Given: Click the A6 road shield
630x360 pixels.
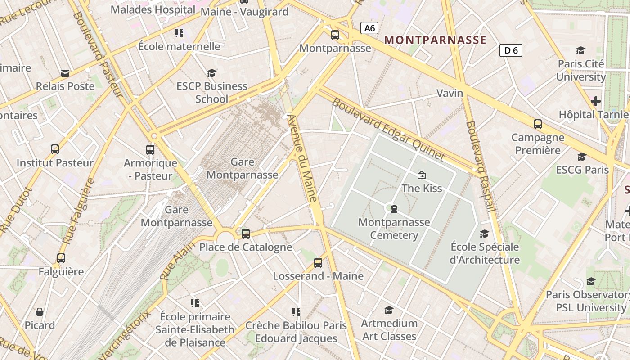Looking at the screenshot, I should coord(369,28).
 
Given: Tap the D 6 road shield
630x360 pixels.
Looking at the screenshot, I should coord(511,50).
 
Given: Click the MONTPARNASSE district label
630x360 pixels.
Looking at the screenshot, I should coord(436,40).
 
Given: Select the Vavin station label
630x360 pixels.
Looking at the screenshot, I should coord(450,93).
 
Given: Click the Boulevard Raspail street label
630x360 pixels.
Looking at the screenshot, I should coord(481,166).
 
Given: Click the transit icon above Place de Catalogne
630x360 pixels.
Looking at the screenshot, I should coord(245,234).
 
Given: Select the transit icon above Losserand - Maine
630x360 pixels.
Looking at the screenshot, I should coord(318,263).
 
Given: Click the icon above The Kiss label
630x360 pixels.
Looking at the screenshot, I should coord(422,175).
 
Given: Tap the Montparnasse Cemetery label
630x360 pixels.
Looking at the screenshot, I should coord(394,229).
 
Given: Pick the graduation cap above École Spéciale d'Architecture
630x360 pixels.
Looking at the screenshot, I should coord(484,234).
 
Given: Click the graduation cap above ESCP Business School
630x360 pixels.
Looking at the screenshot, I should coord(211,73).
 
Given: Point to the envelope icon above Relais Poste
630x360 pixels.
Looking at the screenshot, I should coord(65,73).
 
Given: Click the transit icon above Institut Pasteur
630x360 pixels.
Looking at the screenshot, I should coord(55,149).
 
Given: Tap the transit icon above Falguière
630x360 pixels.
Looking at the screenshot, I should coord(61,258).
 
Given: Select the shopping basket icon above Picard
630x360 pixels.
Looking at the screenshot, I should coord(40,312).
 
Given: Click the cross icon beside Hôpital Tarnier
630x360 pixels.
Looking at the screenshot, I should coord(596,101).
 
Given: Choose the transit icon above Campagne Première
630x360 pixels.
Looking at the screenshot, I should coord(537,124).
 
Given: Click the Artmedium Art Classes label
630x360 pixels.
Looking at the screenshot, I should coord(389,329).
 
